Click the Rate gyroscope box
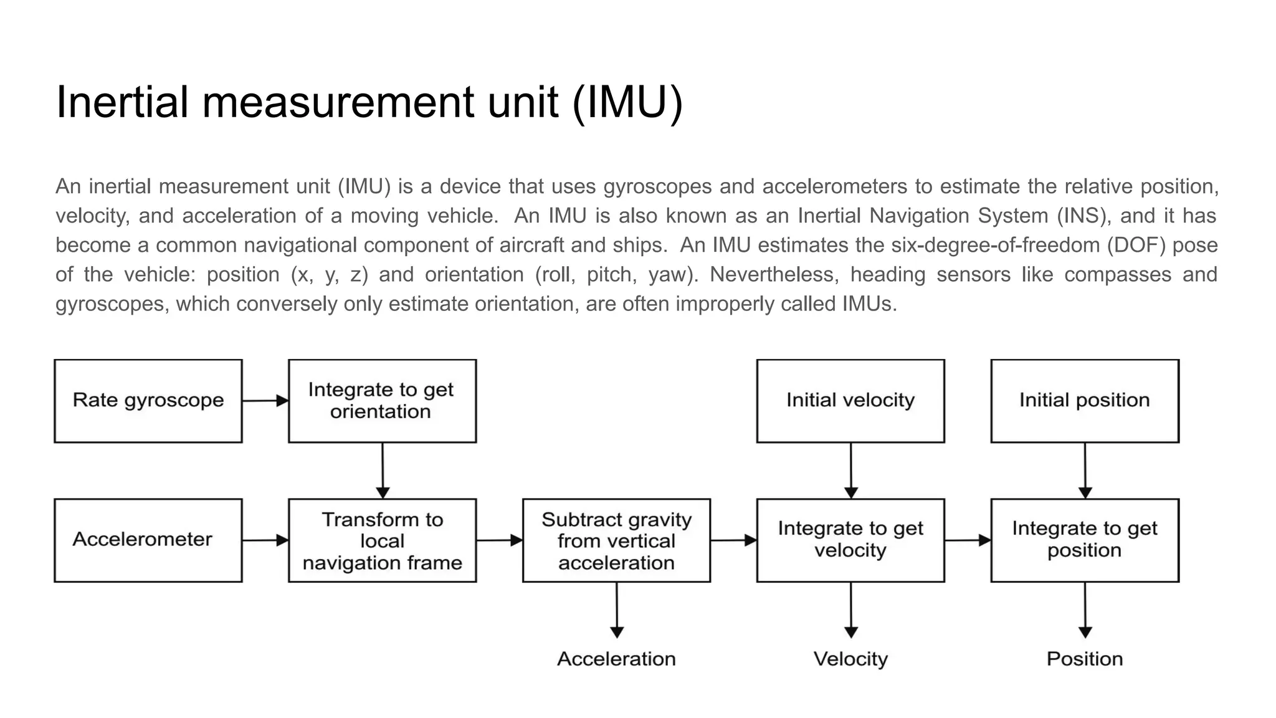[148, 401]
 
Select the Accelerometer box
[148, 540]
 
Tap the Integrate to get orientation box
[382, 401]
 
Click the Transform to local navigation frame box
[382, 540]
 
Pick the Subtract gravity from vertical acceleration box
[616, 540]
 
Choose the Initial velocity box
[850, 401]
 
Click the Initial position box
[1085, 401]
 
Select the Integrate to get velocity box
[850, 540]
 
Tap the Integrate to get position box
[1085, 540]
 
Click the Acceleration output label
[616, 659]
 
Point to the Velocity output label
[850, 659]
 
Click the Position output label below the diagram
[1085, 659]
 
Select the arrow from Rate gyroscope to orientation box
[265, 401]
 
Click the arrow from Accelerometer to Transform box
[265, 540]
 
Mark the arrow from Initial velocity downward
[850, 470]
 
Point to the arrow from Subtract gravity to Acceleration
[617, 610]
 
